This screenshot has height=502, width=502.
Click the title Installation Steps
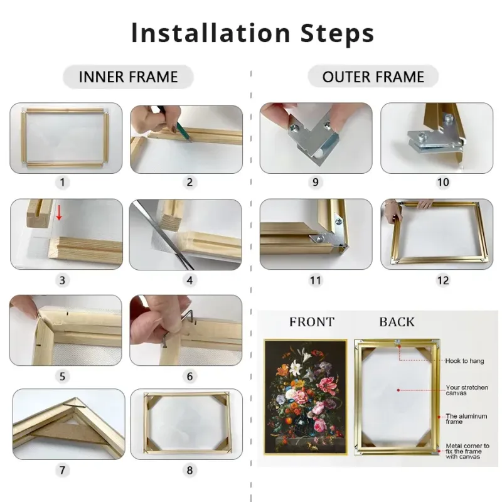coord(253,33)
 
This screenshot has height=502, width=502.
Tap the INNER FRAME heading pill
coord(128,77)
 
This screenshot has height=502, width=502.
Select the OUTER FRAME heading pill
coord(373,77)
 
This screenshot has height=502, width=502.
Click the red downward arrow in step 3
coord(59,213)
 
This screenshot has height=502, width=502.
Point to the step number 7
coord(62,470)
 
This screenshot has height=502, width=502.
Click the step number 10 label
coord(443,182)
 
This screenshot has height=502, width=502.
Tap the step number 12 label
coord(443,280)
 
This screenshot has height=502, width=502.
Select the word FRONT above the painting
coord(312,322)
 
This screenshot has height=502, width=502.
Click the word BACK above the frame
coord(397,322)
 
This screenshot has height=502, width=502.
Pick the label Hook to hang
coord(464,361)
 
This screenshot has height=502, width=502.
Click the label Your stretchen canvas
coord(467,390)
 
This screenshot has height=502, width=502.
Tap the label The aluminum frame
coord(466,419)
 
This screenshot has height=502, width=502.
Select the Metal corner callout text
coord(467,451)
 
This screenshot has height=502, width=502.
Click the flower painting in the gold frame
coord(306,397)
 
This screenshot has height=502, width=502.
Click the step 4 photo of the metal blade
coord(185,234)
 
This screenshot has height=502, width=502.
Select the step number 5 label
coord(62,376)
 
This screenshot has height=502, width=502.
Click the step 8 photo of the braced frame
coord(186,424)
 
